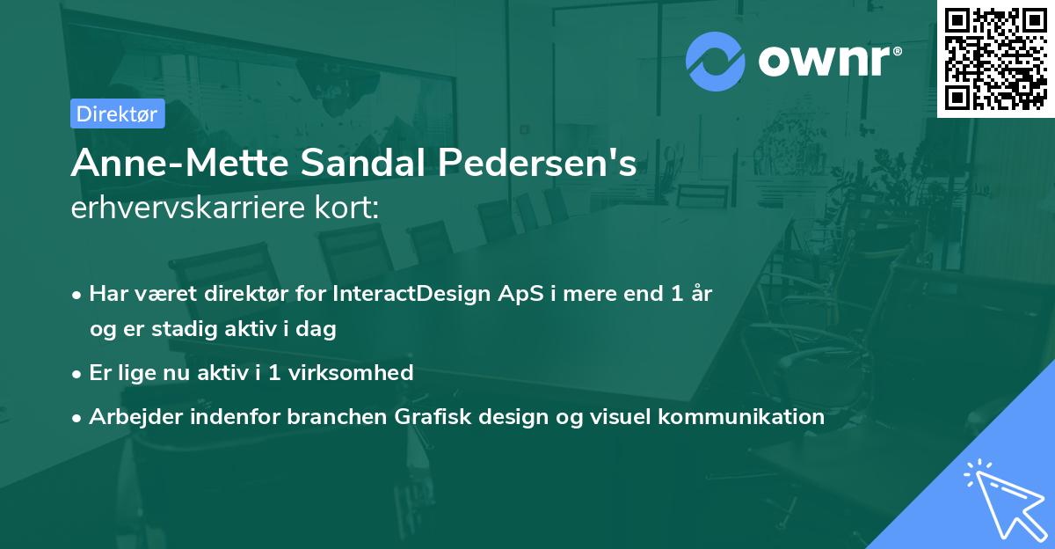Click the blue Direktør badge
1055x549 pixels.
(117, 113)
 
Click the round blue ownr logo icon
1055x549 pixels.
(716, 61)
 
